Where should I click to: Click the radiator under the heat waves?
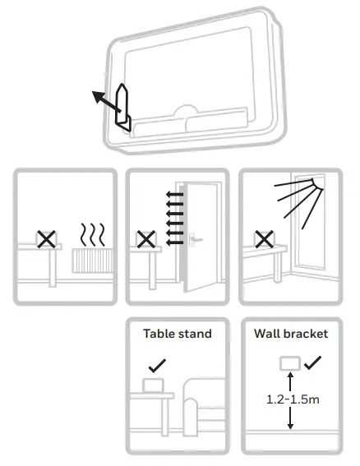pos(91,261)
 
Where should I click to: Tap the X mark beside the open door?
pos(145,239)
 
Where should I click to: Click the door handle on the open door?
pos(196,240)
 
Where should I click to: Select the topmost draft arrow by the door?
pos(172,195)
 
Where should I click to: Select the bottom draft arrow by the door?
pos(172,242)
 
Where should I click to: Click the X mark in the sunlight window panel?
pos(263,239)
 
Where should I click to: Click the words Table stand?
pos(177,334)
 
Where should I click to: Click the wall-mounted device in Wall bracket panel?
pos(288,362)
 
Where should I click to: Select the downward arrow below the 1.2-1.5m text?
pos(288,420)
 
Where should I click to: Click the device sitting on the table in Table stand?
pos(153,385)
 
